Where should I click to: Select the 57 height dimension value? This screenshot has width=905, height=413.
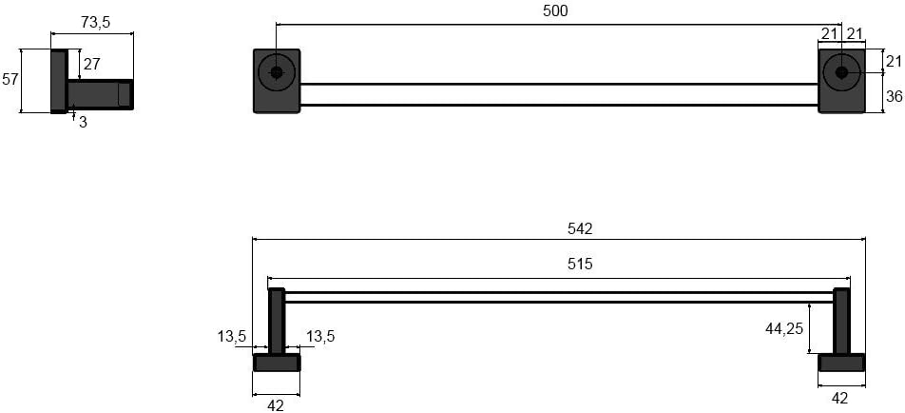pyautogui.click(x=10, y=80)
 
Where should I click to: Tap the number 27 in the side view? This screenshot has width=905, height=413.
pyautogui.click(x=91, y=65)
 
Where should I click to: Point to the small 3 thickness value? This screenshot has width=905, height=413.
pyautogui.click(x=83, y=122)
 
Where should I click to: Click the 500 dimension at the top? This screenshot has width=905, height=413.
pyautogui.click(x=555, y=10)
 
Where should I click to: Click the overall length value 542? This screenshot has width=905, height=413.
pyautogui.click(x=580, y=228)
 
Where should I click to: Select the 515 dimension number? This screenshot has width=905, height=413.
pyautogui.click(x=580, y=264)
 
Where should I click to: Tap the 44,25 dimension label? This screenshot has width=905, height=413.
pyautogui.click(x=785, y=328)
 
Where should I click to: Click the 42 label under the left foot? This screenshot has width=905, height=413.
pyautogui.click(x=276, y=404)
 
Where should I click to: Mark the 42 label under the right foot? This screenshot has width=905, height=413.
pyautogui.click(x=839, y=398)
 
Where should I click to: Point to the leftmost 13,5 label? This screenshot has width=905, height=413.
pyautogui.click(x=232, y=336)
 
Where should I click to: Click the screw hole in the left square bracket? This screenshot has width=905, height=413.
pyautogui.click(x=277, y=72)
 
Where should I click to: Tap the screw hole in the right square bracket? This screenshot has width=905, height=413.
pyautogui.click(x=840, y=71)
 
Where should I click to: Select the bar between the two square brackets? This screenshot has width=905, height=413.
pyautogui.click(x=559, y=94)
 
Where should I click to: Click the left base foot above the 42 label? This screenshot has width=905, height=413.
pyautogui.click(x=277, y=363)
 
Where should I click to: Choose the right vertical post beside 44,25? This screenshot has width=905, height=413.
pyautogui.click(x=841, y=322)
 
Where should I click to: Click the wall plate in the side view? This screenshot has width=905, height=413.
pyautogui.click(x=58, y=81)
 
